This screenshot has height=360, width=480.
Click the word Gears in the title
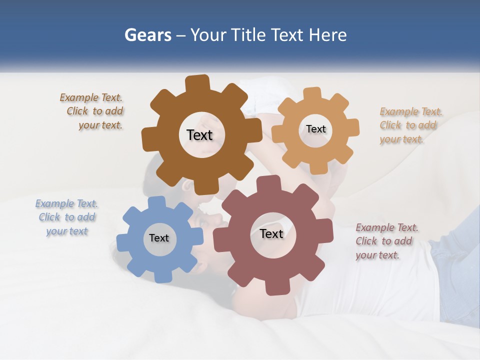(x=147, y=35)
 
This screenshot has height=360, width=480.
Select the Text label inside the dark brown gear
(x=199, y=135)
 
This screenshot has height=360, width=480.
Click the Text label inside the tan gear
(x=315, y=129)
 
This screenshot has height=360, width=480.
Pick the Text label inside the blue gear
(x=159, y=238)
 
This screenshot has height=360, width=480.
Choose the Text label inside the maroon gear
(x=271, y=233)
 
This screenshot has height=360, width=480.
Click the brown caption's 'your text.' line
(x=100, y=125)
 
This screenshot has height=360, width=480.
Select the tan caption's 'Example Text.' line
(x=411, y=111)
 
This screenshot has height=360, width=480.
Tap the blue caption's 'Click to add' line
(x=67, y=217)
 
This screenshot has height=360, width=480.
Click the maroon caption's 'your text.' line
(x=377, y=255)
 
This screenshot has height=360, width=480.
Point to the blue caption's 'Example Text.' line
(x=66, y=203)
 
